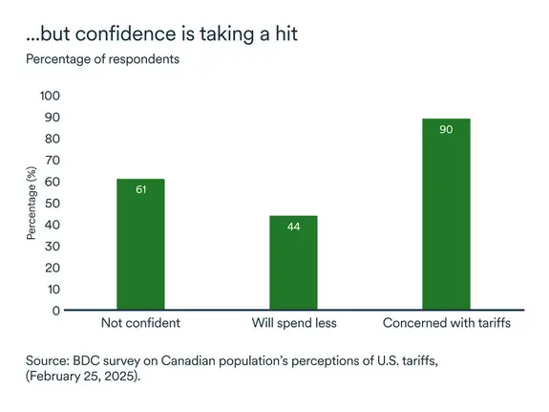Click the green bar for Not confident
pyautogui.click(x=140, y=245)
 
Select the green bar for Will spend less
pyautogui.click(x=293, y=263)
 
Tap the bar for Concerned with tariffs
pyautogui.click(x=446, y=214)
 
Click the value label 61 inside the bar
pyautogui.click(x=140, y=189)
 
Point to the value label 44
pyautogui.click(x=293, y=227)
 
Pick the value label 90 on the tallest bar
pyautogui.click(x=446, y=128)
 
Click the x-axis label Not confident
pyautogui.click(x=140, y=323)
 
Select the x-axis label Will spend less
pyautogui.click(x=293, y=323)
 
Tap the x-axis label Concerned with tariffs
pyautogui.click(x=447, y=323)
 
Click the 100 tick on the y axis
pyautogui.click(x=49, y=96)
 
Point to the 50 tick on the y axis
pyautogui.click(x=52, y=203)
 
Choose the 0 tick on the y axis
pyautogui.click(x=55, y=311)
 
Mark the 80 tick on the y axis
pyautogui.click(x=52, y=139)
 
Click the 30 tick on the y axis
pyautogui.click(x=52, y=246)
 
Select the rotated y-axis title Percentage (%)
pyautogui.click(x=31, y=203)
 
